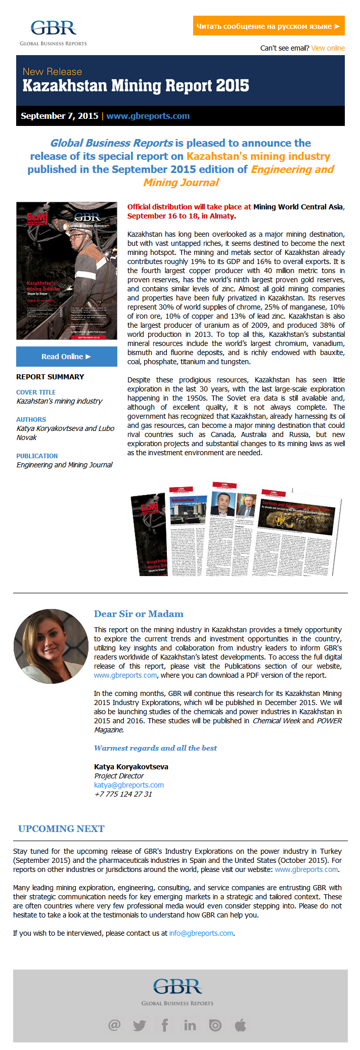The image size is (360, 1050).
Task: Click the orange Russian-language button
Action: click(x=268, y=26)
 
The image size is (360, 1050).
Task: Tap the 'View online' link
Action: click(x=328, y=48)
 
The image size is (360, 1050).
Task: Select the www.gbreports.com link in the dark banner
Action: click(x=148, y=116)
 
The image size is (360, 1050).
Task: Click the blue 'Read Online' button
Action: click(x=66, y=357)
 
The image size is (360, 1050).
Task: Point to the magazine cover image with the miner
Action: click(x=66, y=271)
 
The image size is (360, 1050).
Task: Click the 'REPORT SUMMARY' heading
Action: click(x=50, y=377)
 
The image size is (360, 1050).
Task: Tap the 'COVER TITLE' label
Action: click(x=36, y=392)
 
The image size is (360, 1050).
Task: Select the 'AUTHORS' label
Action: click(x=31, y=419)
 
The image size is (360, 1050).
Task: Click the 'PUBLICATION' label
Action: click(x=37, y=456)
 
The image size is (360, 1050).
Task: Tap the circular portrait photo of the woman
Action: click(x=51, y=646)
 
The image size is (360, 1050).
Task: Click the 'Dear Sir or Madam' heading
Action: click(x=139, y=614)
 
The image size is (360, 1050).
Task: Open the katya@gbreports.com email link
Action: click(x=129, y=785)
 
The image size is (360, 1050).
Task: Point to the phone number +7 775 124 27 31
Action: click(x=123, y=794)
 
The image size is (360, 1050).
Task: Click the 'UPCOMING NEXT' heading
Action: click(x=61, y=828)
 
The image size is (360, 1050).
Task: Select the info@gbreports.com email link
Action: click(x=201, y=933)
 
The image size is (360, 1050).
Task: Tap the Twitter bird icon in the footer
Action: click(x=140, y=1025)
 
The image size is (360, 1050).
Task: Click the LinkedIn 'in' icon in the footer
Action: click(x=190, y=1025)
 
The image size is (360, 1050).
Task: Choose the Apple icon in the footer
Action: click(x=241, y=1025)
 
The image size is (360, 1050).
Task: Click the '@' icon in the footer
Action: click(x=114, y=1025)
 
